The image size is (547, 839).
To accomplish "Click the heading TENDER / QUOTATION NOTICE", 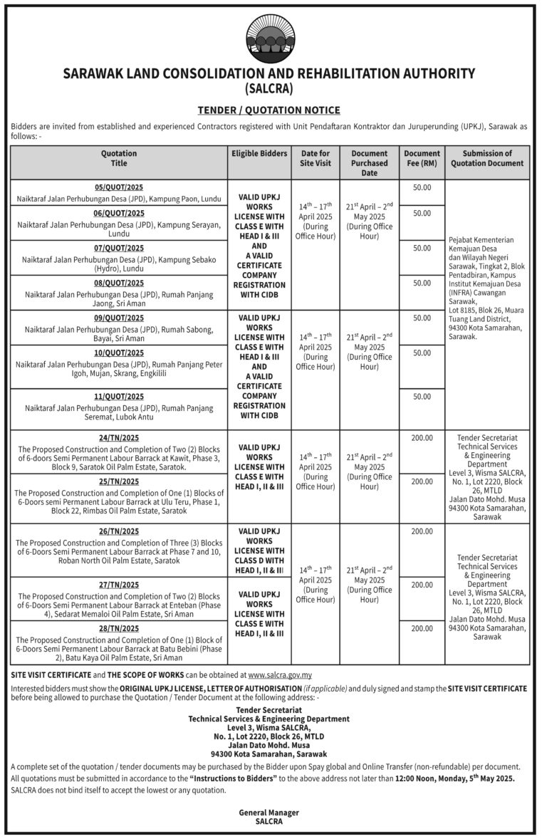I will point(269,110).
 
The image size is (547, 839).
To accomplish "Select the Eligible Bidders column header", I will point(259,153).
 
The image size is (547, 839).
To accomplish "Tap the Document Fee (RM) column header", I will point(422,158).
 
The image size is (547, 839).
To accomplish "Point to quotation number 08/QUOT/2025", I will point(118,283).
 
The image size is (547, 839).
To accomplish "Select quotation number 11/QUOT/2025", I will point(118,396).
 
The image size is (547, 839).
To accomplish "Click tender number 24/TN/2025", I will point(118,437).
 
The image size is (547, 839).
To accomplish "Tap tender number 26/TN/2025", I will point(118,531).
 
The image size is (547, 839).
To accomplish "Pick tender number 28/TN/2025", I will point(118,628).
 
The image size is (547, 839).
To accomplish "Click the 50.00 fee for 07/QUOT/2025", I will point(422,248).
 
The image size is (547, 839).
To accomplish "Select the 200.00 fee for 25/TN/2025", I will point(422,481).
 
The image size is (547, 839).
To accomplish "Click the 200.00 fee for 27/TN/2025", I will point(422,585).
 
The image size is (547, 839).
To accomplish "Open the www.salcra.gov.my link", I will point(279,674).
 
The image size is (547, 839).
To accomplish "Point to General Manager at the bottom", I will point(269,813).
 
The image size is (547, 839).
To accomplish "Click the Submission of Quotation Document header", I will point(487,158).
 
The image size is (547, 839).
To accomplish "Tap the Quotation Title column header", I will point(118,158).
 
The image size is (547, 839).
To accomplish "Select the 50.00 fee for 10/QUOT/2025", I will point(422,353).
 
